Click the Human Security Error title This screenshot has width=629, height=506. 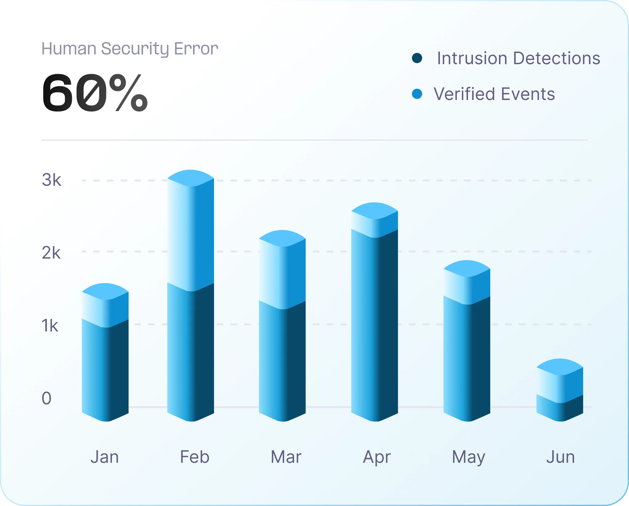tap(130, 49)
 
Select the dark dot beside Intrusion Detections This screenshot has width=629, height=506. tap(417, 58)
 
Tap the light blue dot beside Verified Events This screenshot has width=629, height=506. tap(417, 94)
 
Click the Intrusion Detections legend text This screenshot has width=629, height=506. tap(518, 58)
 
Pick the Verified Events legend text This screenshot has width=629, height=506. tap(494, 94)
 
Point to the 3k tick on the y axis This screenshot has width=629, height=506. tap(51, 180)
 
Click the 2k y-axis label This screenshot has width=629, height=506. tap(51, 253)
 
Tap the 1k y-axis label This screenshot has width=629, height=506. tap(50, 326)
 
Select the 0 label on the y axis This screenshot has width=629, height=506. tap(47, 398)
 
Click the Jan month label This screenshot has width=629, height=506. tap(105, 457)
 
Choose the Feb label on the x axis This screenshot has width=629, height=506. tap(195, 457)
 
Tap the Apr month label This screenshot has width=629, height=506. tap(377, 457)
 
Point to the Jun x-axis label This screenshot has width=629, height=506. tap(560, 457)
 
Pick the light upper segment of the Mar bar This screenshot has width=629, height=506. tap(282, 275)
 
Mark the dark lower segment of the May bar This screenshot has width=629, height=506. tap(467, 361)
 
